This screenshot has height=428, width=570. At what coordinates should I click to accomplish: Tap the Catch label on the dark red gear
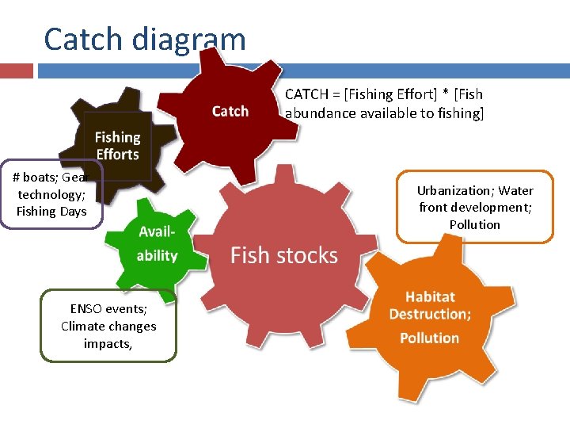coord(230,111)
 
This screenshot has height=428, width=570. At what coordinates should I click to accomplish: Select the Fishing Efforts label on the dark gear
coord(117,146)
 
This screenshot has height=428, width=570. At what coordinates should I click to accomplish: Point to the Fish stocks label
coord(283,255)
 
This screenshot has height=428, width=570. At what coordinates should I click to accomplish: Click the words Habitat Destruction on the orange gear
coord(430,305)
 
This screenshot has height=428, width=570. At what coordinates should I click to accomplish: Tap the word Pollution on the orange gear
coord(429,338)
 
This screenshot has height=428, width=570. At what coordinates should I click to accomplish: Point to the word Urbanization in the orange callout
coord(454,190)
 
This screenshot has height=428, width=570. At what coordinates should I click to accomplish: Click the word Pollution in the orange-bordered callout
coord(475,224)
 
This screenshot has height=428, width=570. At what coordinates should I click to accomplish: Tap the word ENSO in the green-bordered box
coord(85,309)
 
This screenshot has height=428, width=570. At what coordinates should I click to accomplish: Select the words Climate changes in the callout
coord(108,326)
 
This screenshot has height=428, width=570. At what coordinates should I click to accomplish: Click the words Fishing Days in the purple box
coord(51,211)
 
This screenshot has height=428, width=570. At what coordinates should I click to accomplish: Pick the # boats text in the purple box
coord(34,178)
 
